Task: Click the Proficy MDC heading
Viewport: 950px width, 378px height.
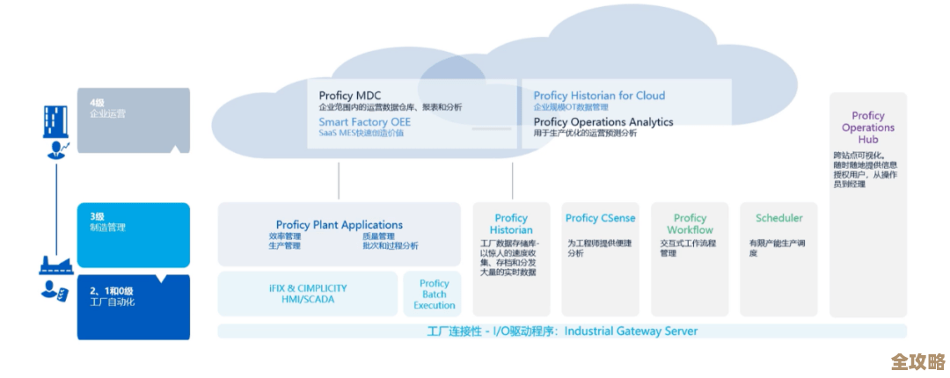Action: (349, 95)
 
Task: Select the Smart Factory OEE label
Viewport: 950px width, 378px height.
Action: (364, 122)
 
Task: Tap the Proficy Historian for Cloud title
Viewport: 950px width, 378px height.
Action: (599, 95)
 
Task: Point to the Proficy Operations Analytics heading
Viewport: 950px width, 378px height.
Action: (603, 122)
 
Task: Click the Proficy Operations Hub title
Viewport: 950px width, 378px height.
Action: (867, 127)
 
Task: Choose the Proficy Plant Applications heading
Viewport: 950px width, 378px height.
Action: (339, 225)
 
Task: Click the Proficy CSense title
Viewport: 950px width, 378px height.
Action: (600, 218)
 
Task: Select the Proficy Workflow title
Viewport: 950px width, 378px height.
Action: (690, 224)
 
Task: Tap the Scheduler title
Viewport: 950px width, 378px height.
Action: (778, 218)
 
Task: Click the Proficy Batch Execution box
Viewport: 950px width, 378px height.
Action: (435, 294)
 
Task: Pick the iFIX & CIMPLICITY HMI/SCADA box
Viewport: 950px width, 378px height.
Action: (308, 294)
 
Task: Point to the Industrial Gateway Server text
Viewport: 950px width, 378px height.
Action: (631, 331)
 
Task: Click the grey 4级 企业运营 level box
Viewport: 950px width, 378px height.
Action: (133, 120)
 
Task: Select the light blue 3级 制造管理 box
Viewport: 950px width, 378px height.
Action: (133, 234)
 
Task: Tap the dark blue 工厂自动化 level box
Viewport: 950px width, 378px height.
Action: (133, 306)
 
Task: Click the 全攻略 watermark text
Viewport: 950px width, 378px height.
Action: (917, 361)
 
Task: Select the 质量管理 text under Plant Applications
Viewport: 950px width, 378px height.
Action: (378, 236)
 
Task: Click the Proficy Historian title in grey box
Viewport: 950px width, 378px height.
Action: (511, 224)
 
